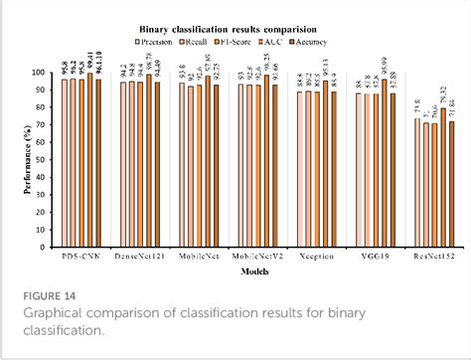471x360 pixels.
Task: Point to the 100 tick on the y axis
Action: (x=46, y=73)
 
